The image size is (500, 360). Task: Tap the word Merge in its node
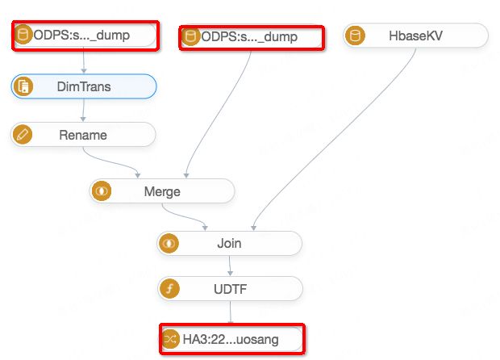click(162, 192)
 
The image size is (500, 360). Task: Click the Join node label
click(229, 243)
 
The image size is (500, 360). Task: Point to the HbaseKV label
click(415, 36)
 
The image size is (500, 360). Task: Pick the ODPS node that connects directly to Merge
click(250, 36)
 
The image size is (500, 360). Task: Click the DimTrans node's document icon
click(23, 86)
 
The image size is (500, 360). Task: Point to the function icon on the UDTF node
click(169, 288)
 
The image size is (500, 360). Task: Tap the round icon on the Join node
click(169, 243)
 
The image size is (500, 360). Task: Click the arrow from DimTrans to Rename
click(84, 111)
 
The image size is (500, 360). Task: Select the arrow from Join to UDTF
click(230, 266)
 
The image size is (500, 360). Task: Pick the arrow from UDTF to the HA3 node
click(231, 312)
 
